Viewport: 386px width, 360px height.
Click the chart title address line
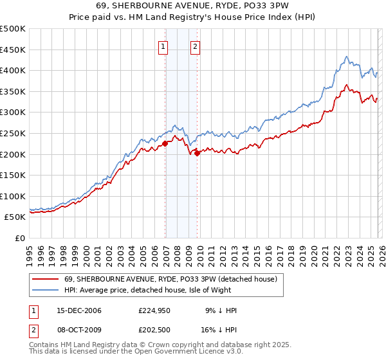[x=193, y=6]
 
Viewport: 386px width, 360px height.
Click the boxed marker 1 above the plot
[x=163, y=46]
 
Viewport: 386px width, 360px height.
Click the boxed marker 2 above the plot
[x=194, y=46]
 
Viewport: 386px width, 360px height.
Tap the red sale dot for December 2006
[x=165, y=144]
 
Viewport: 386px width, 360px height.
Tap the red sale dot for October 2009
[x=198, y=153]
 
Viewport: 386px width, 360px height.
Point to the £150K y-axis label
[x=14, y=175]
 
